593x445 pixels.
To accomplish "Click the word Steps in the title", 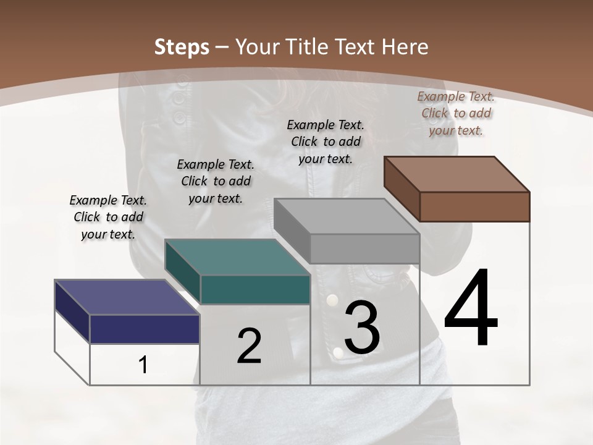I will click(x=182, y=47).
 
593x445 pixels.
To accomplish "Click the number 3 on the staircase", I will click(x=362, y=328).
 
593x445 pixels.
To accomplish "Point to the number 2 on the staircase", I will click(x=249, y=346).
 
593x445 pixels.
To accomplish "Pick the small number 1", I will click(x=143, y=365).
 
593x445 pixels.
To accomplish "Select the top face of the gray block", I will click(x=347, y=216).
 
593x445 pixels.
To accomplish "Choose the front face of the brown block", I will click(x=474, y=206).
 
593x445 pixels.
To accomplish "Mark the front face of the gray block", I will click(x=364, y=248).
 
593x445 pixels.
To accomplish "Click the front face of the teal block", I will click(x=254, y=290).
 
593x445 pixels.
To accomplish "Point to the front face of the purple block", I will click(x=145, y=329).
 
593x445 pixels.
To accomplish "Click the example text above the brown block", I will click(x=456, y=113).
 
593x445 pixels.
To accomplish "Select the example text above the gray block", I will click(x=326, y=142).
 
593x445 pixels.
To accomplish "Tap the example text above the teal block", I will click(x=216, y=181).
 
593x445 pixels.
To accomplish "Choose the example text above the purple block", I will click(x=108, y=217).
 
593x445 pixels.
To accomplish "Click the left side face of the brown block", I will click(x=402, y=189).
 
